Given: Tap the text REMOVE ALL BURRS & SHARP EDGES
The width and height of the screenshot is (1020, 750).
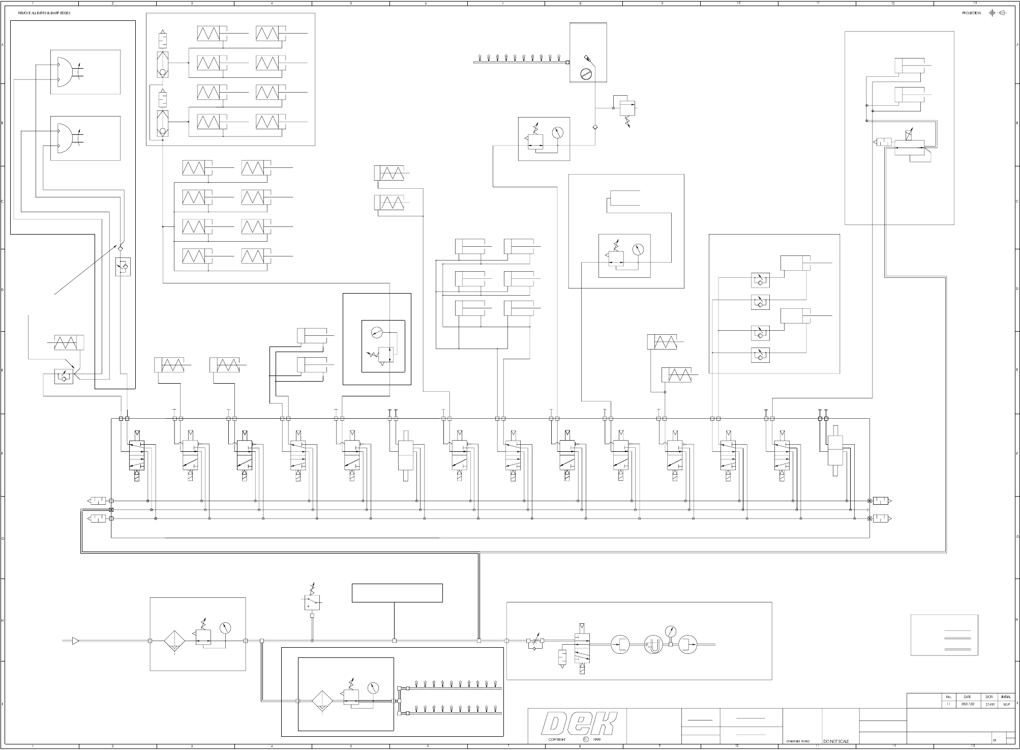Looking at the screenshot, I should [x=44, y=13].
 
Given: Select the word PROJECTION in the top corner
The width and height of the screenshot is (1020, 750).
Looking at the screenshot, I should [x=971, y=13].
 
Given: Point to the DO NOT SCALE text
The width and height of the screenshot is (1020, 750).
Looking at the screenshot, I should [x=836, y=741].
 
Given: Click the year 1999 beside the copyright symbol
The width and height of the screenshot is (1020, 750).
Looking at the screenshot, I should [x=596, y=740].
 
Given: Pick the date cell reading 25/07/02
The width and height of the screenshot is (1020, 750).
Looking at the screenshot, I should [x=967, y=704].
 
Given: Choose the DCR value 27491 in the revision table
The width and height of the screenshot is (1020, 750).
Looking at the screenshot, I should [x=988, y=704].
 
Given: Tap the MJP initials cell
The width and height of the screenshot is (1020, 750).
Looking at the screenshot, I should [x=1006, y=704].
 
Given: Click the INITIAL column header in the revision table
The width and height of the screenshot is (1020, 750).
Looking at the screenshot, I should [x=1006, y=697].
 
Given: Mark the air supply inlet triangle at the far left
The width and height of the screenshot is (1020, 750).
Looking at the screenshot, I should [x=75, y=641].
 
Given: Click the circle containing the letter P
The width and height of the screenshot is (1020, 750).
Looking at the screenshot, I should [x=653, y=645].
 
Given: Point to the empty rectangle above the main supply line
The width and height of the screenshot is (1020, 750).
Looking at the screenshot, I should [x=397, y=593].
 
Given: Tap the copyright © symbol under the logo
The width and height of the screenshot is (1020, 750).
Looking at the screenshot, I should [x=585, y=739].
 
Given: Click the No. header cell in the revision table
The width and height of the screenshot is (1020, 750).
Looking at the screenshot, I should [x=948, y=697].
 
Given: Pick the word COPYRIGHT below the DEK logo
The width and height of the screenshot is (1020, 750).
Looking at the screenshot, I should [x=557, y=740].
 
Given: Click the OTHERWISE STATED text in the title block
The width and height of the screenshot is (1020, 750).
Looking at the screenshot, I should [x=798, y=741].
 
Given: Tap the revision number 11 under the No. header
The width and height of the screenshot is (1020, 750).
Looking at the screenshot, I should [x=948, y=704].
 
